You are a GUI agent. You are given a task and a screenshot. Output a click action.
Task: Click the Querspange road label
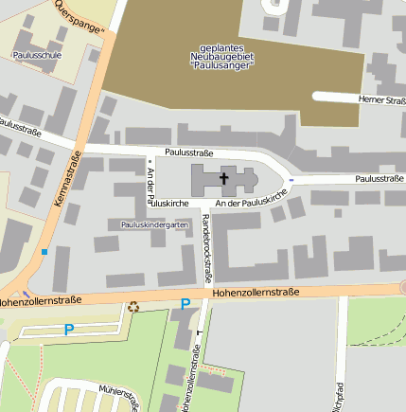(79, 17)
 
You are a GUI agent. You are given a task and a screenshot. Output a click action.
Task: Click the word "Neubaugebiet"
(231, 57)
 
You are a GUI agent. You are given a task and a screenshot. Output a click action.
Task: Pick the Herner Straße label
(381, 99)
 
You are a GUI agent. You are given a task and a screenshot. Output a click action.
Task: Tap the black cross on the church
(225, 177)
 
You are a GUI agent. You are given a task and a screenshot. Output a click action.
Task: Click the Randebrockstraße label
(206, 248)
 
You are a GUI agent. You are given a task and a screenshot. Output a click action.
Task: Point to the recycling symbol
(133, 306)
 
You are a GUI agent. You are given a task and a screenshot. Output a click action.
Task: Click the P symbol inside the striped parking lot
(68, 330)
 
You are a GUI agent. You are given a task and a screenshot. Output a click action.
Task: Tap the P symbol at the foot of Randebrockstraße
(185, 304)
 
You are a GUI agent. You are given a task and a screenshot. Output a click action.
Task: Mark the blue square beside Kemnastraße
(44, 252)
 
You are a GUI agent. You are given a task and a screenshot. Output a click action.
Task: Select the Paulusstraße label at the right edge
(380, 178)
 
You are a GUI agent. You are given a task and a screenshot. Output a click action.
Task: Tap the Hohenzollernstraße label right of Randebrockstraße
(256, 293)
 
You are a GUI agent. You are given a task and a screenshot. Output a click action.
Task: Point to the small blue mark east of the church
(291, 179)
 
